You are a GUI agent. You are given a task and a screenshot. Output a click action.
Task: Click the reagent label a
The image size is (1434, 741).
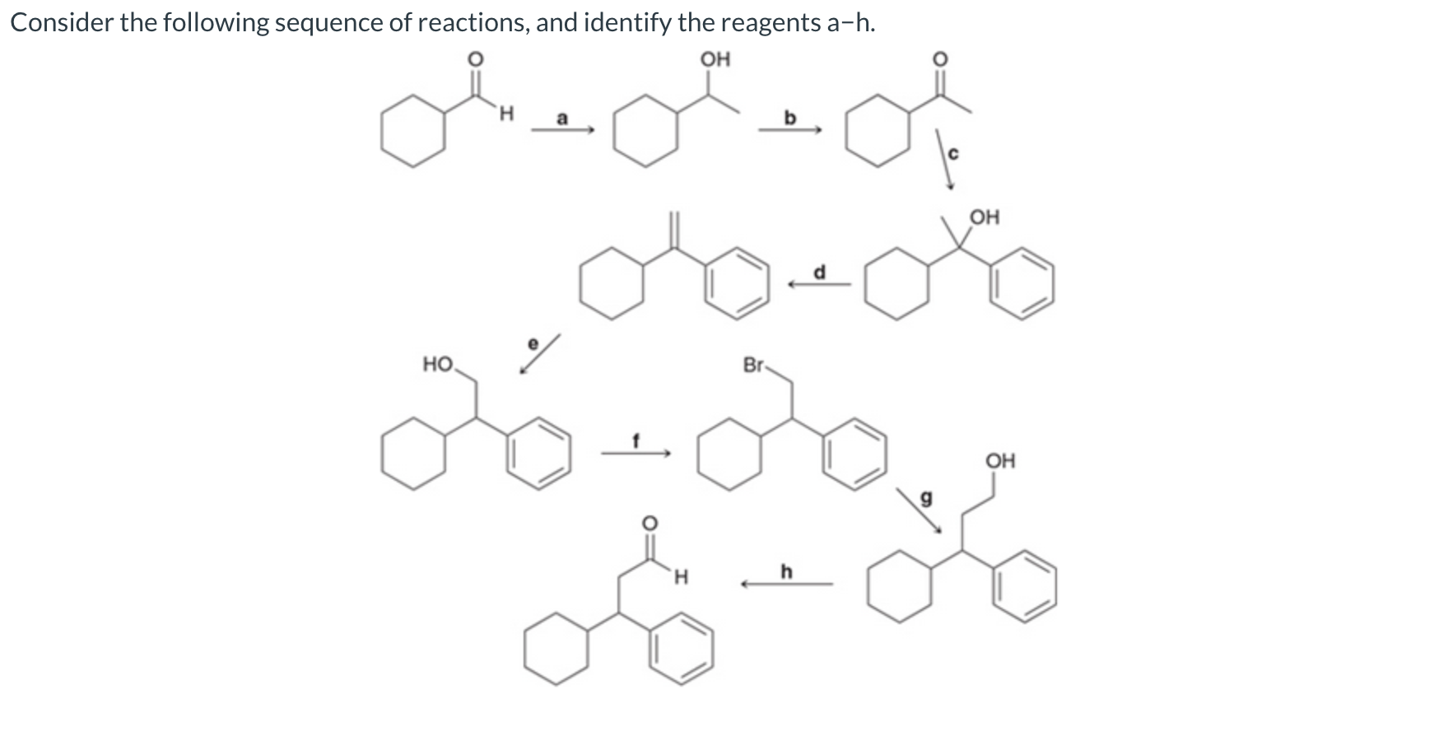tap(562, 118)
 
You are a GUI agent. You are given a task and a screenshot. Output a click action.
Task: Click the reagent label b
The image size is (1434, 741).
tap(790, 118)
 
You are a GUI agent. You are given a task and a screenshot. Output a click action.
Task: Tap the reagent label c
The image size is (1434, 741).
tap(954, 153)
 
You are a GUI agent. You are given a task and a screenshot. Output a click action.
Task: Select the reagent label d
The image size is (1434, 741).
tap(819, 271)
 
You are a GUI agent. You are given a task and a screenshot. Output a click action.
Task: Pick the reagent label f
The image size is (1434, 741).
tap(636, 440)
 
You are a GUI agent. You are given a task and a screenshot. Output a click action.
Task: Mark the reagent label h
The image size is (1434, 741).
tap(786, 571)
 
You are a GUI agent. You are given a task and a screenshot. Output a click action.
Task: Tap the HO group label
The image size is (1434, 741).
tap(437, 364)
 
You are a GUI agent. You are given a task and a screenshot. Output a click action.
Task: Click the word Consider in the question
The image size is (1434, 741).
tap(61, 22)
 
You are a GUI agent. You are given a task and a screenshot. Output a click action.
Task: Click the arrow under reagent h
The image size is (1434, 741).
tap(786, 585)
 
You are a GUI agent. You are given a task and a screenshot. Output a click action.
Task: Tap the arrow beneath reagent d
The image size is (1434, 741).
tap(819, 285)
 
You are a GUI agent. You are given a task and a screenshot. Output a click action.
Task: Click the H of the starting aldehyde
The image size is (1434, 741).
tap(506, 114)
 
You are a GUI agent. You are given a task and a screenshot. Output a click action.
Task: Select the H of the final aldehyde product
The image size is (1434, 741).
tap(680, 577)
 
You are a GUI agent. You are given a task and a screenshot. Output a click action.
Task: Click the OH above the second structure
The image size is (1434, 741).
tap(715, 58)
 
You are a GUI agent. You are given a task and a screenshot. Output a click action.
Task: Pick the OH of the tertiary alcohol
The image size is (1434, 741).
tap(985, 217)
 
